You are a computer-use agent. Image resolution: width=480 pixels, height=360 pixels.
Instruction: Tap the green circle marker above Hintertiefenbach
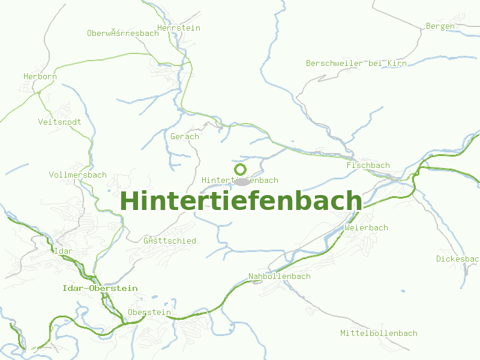click(x=241, y=169)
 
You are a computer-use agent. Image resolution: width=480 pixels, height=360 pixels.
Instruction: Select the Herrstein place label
click(x=179, y=28)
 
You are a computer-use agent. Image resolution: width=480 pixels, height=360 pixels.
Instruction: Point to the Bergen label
click(x=440, y=26)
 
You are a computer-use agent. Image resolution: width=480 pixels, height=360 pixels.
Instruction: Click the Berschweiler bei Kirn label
click(x=356, y=64)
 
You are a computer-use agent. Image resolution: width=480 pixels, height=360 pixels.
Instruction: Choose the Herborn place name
click(x=40, y=77)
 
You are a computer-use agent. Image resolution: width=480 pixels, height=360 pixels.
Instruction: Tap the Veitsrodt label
click(x=59, y=122)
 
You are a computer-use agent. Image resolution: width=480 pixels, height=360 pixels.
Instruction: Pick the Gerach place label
click(x=185, y=137)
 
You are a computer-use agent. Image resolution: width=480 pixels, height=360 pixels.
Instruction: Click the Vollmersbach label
click(x=78, y=175)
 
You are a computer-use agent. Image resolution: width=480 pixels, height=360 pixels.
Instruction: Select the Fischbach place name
click(x=368, y=166)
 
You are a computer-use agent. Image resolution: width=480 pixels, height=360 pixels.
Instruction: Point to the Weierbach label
click(x=367, y=228)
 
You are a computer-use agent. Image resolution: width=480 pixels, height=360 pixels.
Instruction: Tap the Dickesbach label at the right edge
click(x=457, y=259)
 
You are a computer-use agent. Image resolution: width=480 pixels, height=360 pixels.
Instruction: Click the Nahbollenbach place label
click(x=280, y=277)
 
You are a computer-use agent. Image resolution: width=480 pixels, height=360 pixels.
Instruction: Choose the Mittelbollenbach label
click(x=379, y=334)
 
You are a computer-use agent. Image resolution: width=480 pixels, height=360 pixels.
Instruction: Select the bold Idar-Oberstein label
click(x=100, y=289)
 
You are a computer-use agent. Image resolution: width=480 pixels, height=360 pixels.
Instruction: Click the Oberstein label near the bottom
click(x=149, y=313)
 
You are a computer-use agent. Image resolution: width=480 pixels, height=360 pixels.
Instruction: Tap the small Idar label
click(x=64, y=251)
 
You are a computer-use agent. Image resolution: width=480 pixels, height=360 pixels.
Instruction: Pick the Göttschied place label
click(x=170, y=241)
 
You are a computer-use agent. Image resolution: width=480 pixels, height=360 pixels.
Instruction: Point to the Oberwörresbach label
click(x=123, y=34)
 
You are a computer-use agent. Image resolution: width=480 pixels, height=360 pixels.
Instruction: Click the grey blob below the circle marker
click(x=241, y=181)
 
